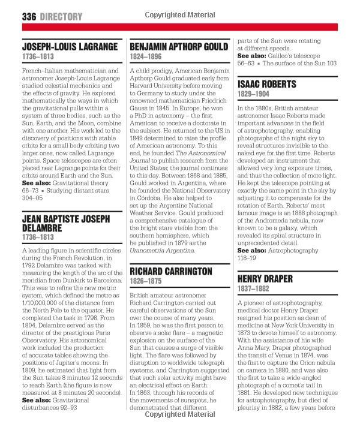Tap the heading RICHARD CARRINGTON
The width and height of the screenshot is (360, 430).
coord(171,272)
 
